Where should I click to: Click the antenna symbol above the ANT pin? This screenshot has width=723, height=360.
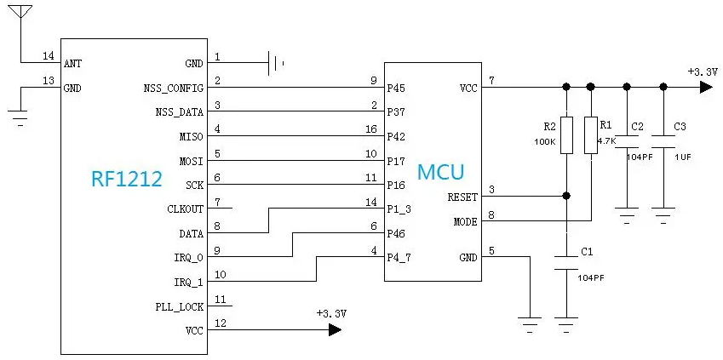[20, 12]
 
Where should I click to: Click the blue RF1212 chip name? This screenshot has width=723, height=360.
[127, 179]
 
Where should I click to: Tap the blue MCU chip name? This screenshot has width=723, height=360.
[440, 172]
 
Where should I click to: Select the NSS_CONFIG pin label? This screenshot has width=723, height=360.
[174, 88]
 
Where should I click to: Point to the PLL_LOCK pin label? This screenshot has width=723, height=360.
[180, 306]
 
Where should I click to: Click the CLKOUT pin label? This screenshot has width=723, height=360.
[185, 209]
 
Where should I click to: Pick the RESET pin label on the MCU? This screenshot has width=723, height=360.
[462, 197]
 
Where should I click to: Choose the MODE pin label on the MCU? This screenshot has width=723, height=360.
[465, 222]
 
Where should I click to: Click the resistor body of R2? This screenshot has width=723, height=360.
[566, 135]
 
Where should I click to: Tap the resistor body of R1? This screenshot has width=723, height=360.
[591, 135]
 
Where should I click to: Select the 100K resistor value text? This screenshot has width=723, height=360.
[545, 142]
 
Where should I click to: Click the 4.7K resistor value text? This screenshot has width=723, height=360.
[607, 141]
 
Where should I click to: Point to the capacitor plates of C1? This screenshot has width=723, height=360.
[566, 263]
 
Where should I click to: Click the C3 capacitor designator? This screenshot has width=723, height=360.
[680, 126]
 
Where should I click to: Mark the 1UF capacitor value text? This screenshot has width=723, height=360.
[682, 157]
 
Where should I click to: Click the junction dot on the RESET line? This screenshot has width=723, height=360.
[566, 196]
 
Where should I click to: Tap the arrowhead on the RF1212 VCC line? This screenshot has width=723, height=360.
[335, 329]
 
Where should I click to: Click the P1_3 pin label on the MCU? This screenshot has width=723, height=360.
[399, 209]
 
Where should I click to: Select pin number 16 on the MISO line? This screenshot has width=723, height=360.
[371, 129]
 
